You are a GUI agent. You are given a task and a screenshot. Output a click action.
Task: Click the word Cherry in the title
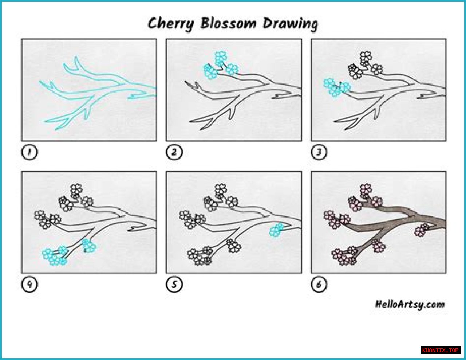[x=171, y=24]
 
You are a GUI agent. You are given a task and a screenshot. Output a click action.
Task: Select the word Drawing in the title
[x=291, y=24]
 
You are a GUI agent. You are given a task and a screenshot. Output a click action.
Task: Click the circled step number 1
[x=29, y=152]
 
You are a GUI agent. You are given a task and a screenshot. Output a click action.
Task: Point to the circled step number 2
[x=174, y=152]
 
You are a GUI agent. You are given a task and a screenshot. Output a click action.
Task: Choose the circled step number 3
[x=319, y=152]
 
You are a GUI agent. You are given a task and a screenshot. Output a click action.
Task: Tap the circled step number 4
[x=29, y=285]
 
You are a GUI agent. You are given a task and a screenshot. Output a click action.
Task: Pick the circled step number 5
[x=174, y=285]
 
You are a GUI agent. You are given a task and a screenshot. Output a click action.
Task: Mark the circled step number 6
[x=319, y=285]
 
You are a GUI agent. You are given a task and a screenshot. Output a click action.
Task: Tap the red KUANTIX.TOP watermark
[x=441, y=351]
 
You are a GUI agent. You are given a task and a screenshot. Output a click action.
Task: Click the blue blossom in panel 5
[x=277, y=230]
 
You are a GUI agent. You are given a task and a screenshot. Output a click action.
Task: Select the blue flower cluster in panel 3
[x=337, y=87]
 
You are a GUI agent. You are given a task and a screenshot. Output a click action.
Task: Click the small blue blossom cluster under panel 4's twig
[x=89, y=246]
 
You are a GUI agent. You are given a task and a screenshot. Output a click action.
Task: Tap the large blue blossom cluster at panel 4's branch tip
[x=55, y=257]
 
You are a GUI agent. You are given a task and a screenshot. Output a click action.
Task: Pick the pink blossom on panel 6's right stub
[x=422, y=230]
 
